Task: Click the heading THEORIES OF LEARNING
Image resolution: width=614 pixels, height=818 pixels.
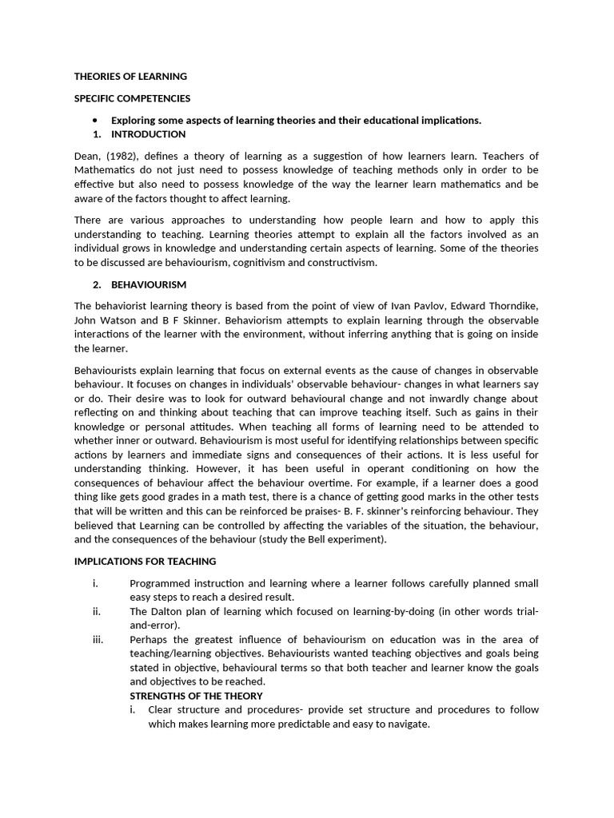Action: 130,77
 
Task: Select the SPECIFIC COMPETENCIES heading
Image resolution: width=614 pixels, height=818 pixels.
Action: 132,98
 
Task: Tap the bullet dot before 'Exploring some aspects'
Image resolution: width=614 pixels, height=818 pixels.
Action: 94,120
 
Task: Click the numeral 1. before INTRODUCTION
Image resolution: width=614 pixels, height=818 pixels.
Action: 97,134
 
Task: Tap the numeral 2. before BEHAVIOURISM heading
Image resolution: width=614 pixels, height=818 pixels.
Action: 97,284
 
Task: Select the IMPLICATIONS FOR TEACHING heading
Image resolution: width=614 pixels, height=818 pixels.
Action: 146,561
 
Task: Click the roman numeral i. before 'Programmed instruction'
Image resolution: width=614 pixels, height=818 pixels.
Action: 95,583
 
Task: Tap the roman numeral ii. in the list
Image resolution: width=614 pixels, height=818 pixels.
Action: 96,611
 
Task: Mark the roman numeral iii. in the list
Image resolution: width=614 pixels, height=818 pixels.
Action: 98,639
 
